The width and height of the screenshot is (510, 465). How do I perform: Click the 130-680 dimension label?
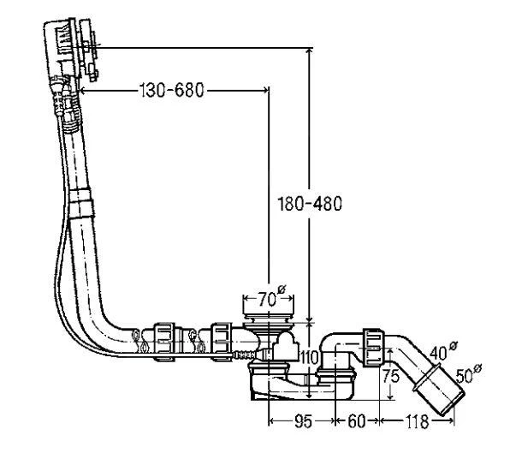click(172, 90)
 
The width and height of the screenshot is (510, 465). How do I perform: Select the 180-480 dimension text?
click(310, 204)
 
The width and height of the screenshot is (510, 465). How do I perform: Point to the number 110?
click(309, 358)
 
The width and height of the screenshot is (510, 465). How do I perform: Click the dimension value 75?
click(391, 376)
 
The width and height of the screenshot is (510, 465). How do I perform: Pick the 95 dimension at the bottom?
click(303, 421)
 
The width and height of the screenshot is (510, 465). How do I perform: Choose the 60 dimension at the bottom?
click(357, 421)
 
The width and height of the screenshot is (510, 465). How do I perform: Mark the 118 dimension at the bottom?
click(417, 421)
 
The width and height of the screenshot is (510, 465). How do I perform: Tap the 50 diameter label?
click(468, 374)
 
